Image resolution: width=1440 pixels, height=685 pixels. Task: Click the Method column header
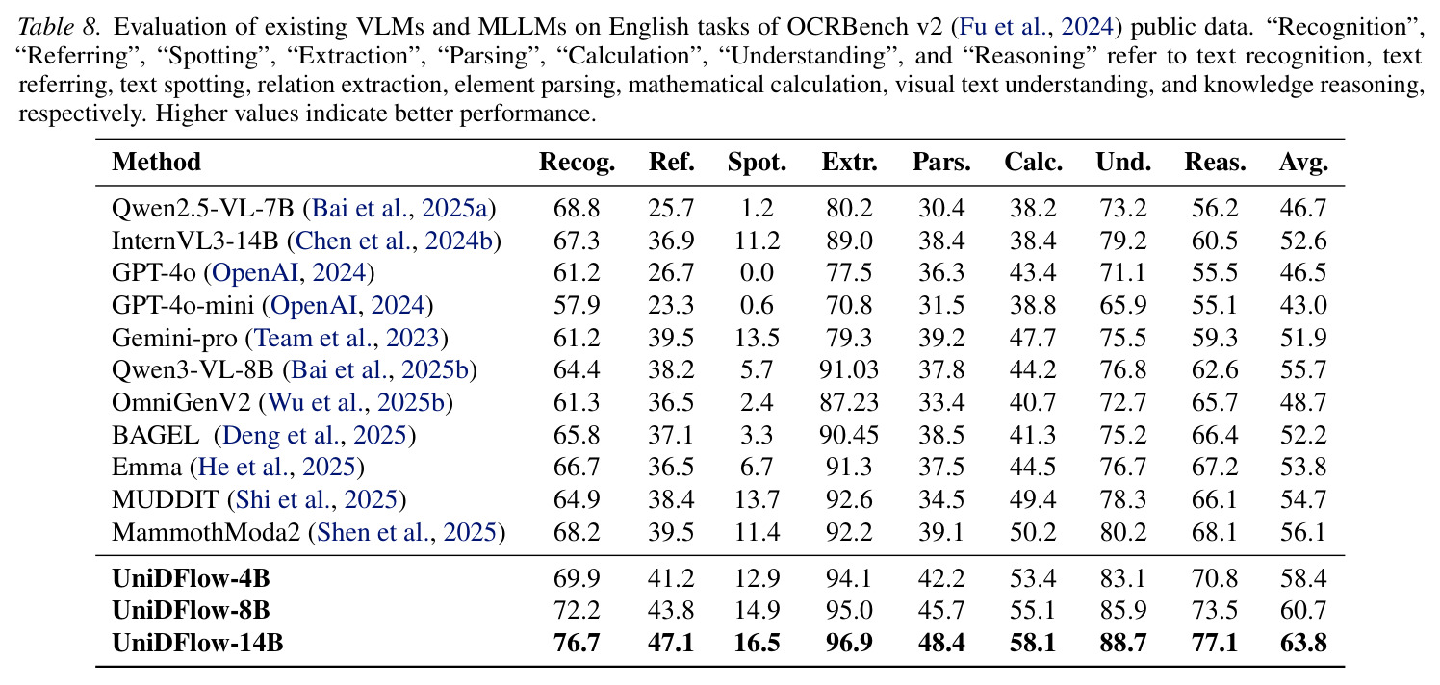click(156, 162)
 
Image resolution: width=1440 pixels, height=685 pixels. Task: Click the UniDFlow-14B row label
click(197, 643)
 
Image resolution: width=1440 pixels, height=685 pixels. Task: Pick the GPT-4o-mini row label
click(183, 305)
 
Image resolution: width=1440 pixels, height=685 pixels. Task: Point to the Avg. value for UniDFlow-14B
click(1303, 643)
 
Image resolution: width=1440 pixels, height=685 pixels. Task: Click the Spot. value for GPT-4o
click(757, 272)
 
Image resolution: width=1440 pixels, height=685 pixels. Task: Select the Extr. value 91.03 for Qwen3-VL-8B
click(849, 370)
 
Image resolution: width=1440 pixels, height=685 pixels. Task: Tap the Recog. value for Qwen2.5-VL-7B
click(577, 208)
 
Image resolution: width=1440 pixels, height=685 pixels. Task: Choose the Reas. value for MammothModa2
click(1215, 532)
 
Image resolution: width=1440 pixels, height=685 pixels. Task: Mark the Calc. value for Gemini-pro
click(1033, 338)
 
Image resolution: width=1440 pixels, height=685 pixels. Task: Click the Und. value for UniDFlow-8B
click(1123, 610)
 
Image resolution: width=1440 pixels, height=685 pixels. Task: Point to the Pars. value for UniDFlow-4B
click(941, 578)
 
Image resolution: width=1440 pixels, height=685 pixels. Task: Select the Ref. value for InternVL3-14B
click(671, 241)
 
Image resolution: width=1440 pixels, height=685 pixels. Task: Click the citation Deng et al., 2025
click(315, 435)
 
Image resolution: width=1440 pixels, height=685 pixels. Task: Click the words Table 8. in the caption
click(59, 27)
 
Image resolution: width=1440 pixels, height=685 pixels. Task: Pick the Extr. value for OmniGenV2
click(849, 402)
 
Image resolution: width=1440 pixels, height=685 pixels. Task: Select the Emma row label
click(146, 467)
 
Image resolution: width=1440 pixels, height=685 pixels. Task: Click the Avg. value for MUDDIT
click(1303, 500)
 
